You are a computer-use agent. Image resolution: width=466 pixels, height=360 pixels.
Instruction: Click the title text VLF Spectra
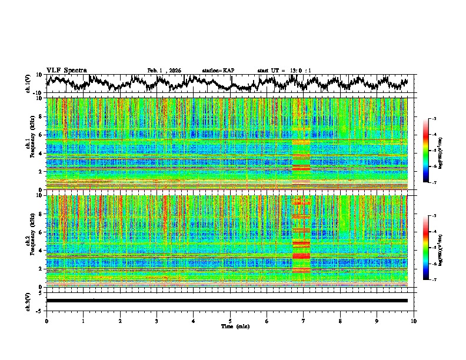click(x=66, y=71)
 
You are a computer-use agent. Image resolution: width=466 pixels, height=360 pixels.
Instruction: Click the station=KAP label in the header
click(x=218, y=71)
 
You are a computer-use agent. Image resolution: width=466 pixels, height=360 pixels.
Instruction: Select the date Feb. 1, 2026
click(x=164, y=71)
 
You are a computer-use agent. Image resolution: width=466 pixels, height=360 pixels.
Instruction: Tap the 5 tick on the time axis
click(x=230, y=321)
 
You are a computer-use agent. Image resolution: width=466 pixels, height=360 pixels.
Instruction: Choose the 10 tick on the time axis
click(x=414, y=321)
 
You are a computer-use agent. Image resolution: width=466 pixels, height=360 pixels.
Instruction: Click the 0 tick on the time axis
click(x=46, y=321)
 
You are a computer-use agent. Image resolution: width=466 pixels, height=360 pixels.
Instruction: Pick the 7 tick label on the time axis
click(x=304, y=321)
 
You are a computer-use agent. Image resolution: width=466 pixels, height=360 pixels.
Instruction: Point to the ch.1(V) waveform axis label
click(x=29, y=83)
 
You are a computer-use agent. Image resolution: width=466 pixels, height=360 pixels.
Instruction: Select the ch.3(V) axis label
click(x=29, y=300)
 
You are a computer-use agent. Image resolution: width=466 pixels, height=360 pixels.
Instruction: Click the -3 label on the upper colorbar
click(x=434, y=119)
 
